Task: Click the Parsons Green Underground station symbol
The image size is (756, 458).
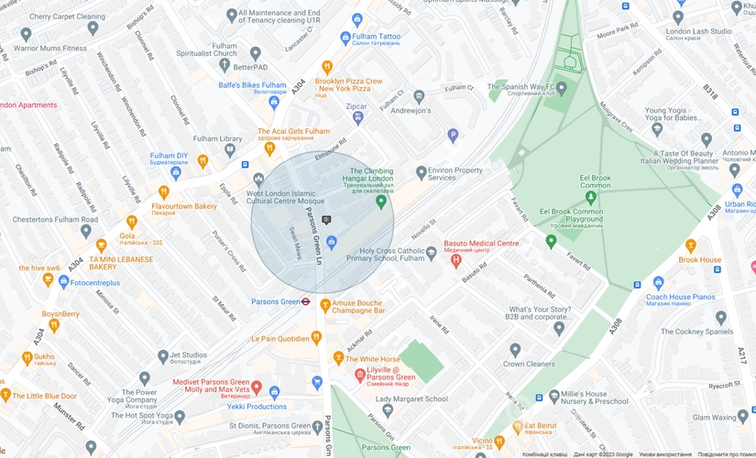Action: point(306,301)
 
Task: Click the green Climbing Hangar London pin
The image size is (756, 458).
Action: point(381,201)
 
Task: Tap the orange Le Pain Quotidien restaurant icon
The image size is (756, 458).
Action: point(316,338)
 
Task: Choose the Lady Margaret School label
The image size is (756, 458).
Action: point(411,398)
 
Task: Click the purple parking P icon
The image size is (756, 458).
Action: point(452,136)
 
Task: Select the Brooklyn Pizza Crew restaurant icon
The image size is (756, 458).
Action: point(327,66)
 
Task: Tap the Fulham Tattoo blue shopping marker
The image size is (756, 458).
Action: point(345,38)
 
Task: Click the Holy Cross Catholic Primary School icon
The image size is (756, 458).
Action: point(431,253)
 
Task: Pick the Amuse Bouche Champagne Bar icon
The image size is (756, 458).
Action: point(324,305)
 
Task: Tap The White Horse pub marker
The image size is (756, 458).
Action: point(338,358)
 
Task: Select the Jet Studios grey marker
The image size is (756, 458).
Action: point(148,354)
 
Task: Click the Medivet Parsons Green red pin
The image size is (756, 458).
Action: point(257,387)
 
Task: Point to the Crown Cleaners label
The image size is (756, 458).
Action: point(528,364)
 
